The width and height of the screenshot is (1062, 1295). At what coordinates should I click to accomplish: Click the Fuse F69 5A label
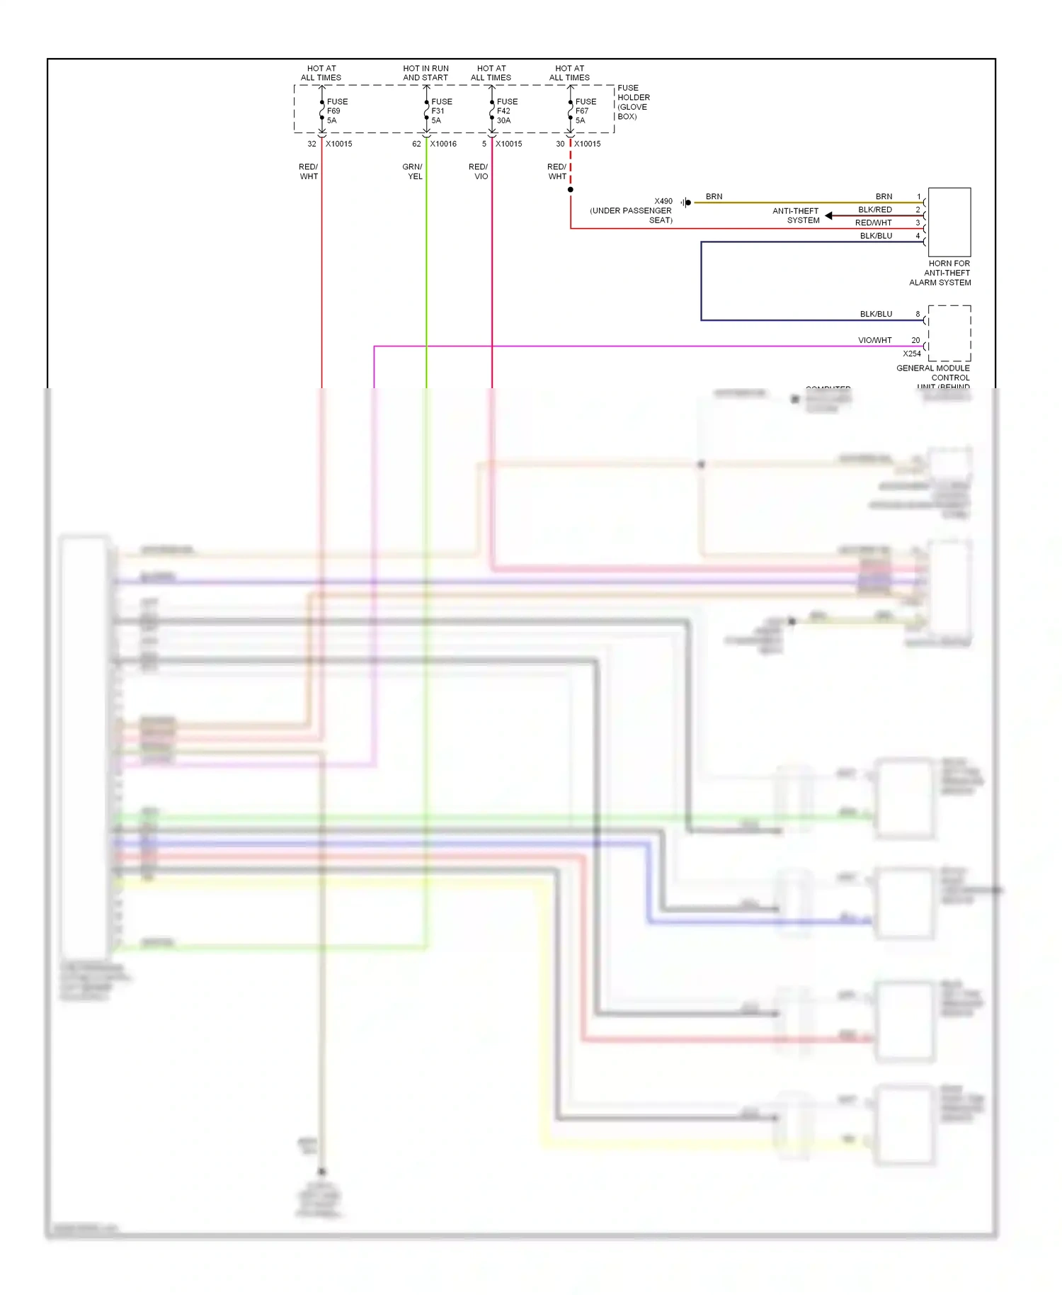[x=337, y=111]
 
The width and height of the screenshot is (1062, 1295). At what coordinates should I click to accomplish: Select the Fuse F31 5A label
[x=441, y=111]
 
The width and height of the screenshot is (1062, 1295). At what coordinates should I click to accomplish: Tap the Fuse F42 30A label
[x=507, y=111]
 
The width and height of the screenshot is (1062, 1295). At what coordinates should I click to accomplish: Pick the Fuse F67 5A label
[x=586, y=111]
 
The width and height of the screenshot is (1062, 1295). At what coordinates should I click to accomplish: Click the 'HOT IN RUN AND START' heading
[x=426, y=73]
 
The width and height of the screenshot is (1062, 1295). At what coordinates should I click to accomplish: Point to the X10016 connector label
[x=443, y=144]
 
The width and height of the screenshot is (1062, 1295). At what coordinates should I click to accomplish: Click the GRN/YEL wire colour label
[x=413, y=171]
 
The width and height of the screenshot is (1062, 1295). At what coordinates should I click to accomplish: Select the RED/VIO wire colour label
[x=479, y=171]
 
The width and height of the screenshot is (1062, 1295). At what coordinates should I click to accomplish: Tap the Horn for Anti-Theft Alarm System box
[x=949, y=222]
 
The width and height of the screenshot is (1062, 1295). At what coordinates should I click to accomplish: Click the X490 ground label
[x=663, y=201]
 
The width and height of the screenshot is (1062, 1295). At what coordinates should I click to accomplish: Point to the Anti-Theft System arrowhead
[x=828, y=215]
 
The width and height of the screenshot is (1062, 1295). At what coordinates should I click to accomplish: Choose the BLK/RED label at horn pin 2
[x=875, y=210]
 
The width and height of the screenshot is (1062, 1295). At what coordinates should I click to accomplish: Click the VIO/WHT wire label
[x=875, y=340]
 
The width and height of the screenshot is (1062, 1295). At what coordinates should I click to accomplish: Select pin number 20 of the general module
[x=915, y=340]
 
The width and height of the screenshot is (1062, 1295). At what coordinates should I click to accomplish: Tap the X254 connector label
[x=912, y=354]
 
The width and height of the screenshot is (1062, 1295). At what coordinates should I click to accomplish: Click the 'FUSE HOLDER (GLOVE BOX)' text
[x=633, y=102]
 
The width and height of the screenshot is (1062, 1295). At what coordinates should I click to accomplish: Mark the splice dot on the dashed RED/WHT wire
[x=571, y=190]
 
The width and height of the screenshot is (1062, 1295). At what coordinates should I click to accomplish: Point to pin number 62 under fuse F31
[x=416, y=144]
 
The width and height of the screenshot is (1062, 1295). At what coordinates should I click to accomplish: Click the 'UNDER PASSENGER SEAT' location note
[x=631, y=215]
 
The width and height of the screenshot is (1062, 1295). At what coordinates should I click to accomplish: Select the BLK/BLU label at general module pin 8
[x=876, y=314]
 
